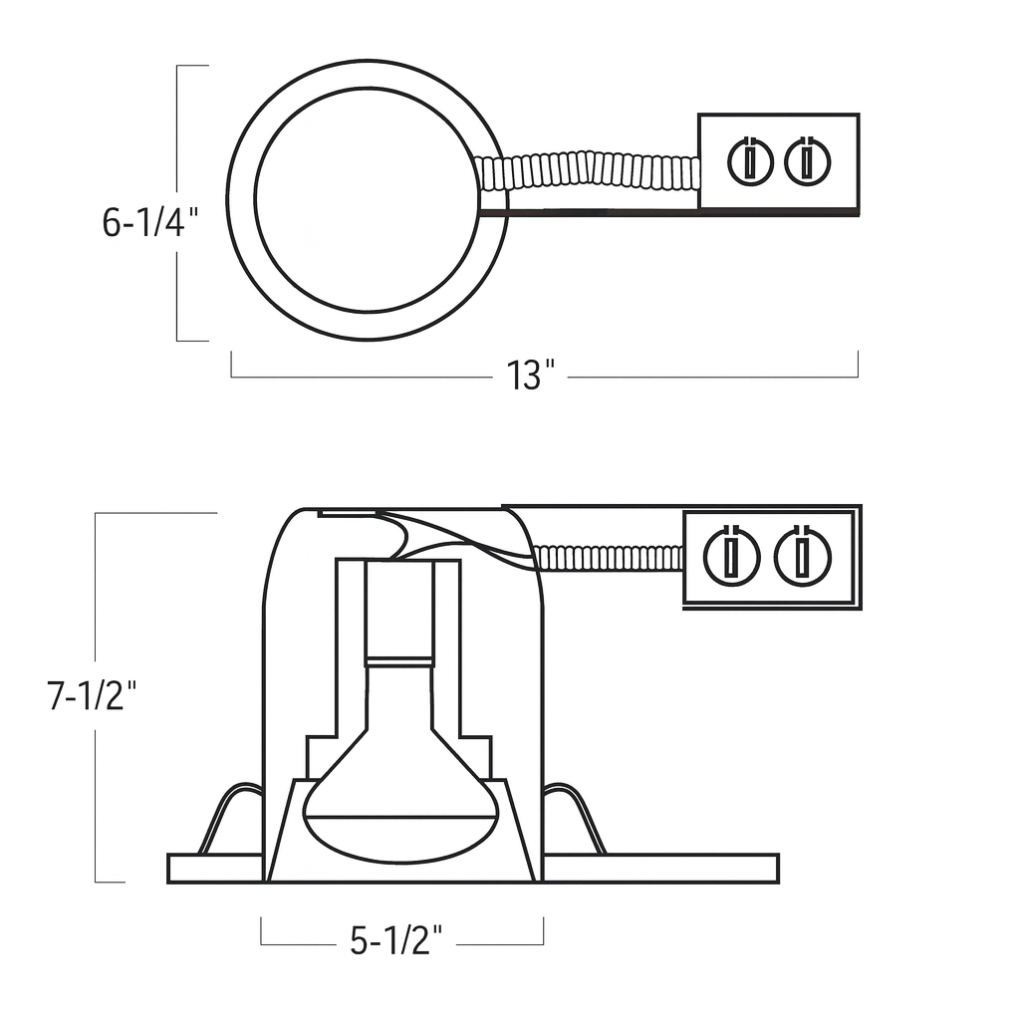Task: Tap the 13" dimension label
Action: tap(529, 377)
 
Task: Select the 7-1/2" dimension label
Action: tap(91, 695)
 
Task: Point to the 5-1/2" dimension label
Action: tap(395, 940)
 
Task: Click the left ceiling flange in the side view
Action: tap(214, 869)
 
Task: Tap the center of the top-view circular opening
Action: tap(368, 199)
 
